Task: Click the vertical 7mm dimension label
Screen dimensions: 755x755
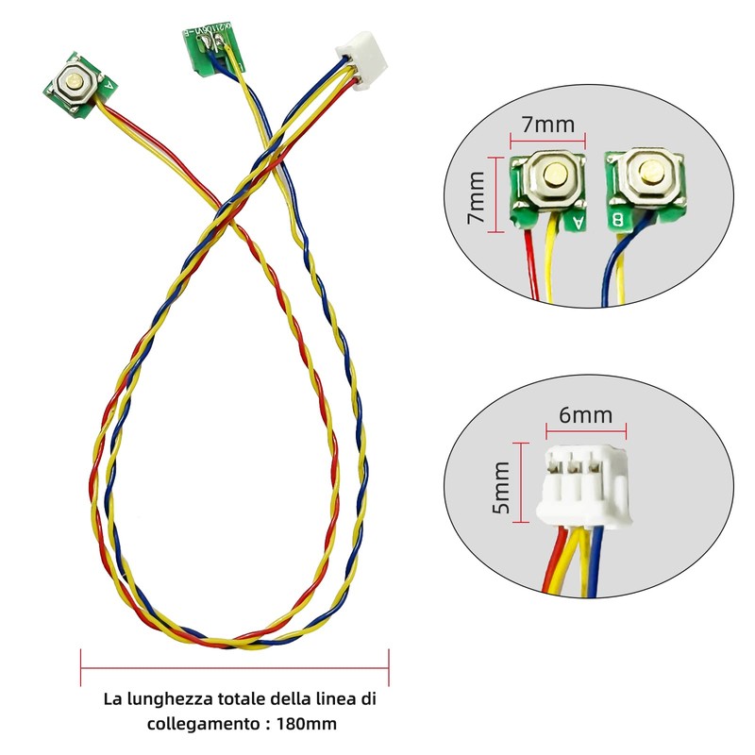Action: (477, 196)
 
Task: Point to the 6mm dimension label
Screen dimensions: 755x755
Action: (586, 413)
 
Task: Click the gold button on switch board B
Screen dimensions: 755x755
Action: (648, 173)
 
